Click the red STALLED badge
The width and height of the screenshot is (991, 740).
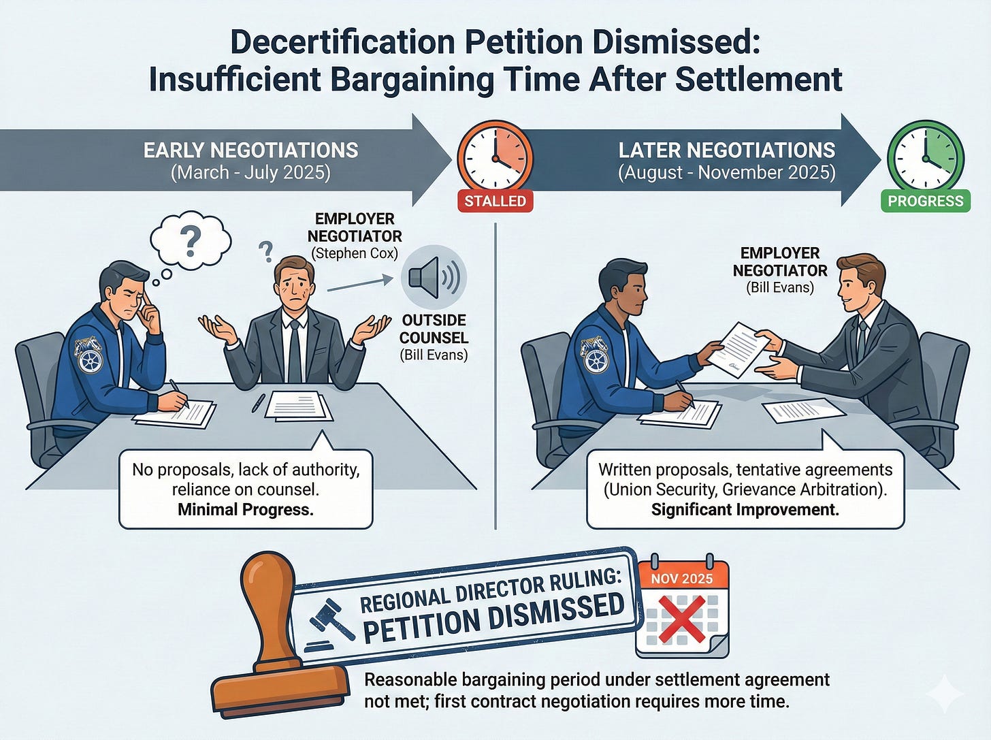point(495,201)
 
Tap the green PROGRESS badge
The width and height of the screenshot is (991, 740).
point(926,201)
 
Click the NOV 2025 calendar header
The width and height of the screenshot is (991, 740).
point(682,579)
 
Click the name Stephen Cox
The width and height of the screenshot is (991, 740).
point(354,253)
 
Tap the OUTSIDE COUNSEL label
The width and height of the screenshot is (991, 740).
point(433,329)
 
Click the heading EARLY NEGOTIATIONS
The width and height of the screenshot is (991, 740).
point(250,150)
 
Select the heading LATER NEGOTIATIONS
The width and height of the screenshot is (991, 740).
point(726,150)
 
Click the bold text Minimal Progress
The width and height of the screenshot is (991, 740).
point(246,509)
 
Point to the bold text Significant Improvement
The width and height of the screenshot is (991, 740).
point(745,509)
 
